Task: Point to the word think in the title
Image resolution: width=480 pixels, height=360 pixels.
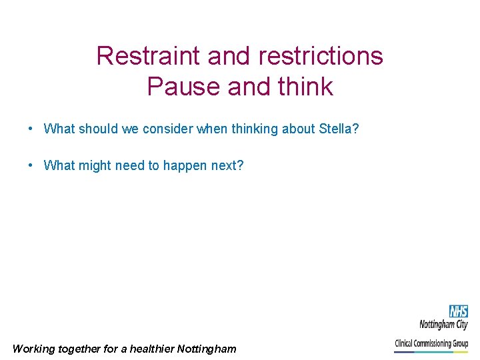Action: click(x=301, y=87)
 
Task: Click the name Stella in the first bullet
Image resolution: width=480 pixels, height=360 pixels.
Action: click(x=338, y=129)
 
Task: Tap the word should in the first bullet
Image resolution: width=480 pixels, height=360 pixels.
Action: click(x=100, y=129)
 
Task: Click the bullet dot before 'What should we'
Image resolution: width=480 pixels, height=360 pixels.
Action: click(x=31, y=128)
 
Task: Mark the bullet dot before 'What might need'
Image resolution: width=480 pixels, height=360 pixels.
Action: click(x=31, y=165)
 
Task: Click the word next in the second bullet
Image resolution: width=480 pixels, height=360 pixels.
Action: click(x=227, y=165)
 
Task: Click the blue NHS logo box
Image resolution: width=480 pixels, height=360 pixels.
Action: click(x=458, y=311)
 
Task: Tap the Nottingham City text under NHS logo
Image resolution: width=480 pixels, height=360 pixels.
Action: click(x=443, y=325)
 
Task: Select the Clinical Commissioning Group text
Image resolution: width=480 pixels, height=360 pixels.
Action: click(x=431, y=343)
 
